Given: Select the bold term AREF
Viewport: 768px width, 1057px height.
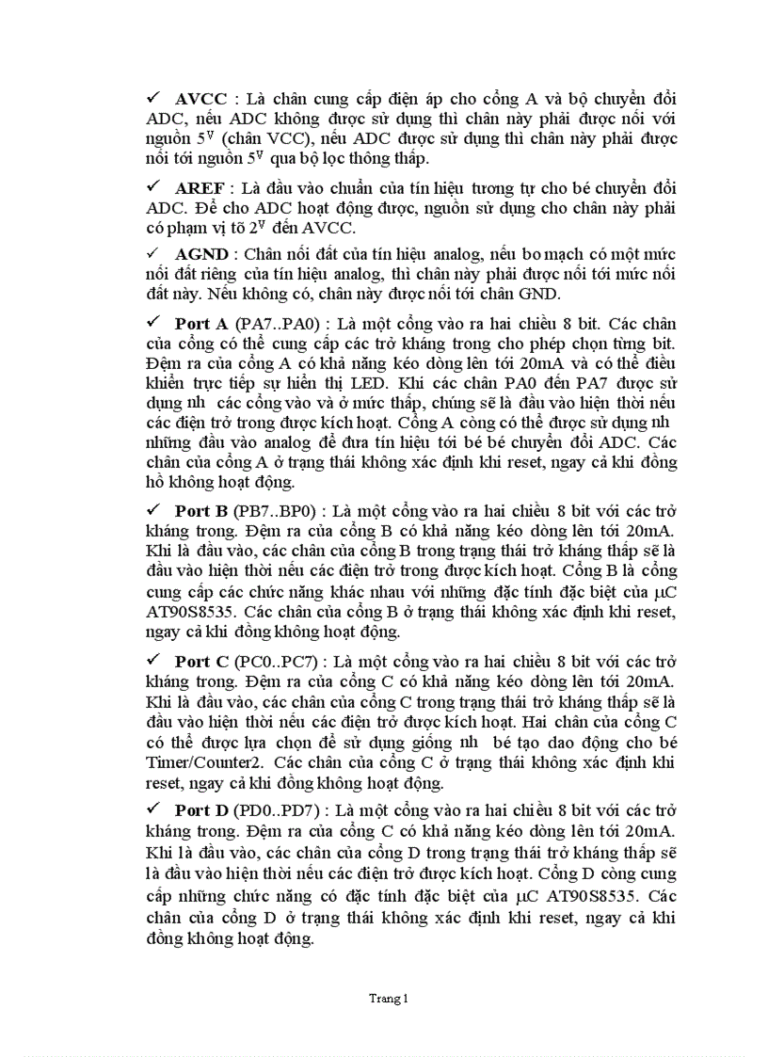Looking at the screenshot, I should click(x=200, y=187).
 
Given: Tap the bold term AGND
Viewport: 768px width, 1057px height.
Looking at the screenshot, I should click(x=201, y=254).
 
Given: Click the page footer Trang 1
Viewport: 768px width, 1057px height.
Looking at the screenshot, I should click(x=389, y=999).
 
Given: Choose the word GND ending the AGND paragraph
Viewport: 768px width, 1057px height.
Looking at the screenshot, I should click(x=540, y=295).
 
